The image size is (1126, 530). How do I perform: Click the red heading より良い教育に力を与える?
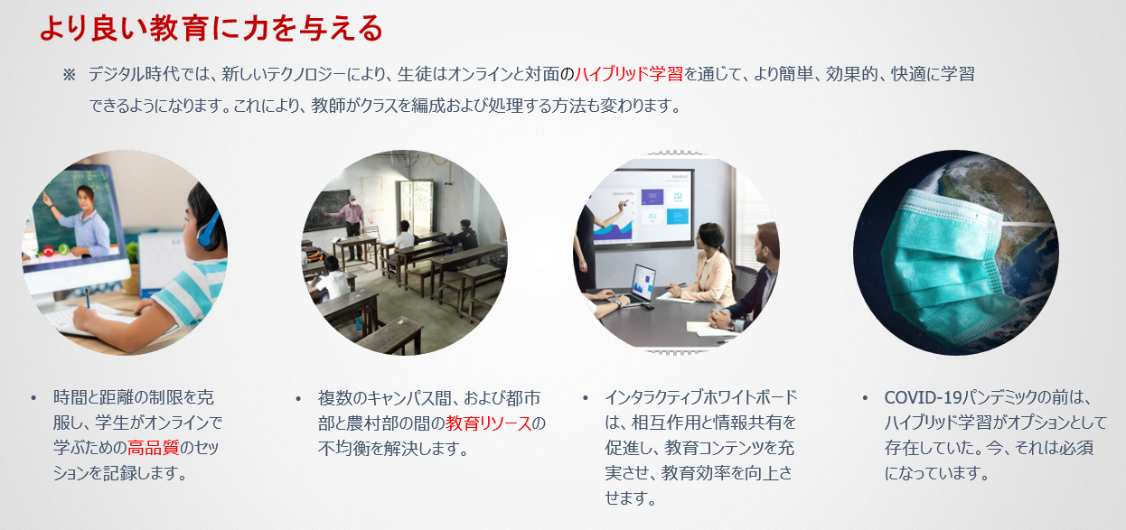click(211, 28)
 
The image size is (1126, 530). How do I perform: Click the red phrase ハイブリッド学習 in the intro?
click(629, 74)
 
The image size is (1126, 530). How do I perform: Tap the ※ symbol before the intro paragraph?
click(69, 75)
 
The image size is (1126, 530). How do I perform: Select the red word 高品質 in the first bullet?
click(154, 447)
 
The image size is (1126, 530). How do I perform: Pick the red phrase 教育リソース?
click(489, 423)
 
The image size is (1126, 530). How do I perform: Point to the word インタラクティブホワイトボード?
click(701, 397)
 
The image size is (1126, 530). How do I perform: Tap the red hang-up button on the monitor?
click(48, 250)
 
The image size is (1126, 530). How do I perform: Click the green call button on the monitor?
click(64, 248)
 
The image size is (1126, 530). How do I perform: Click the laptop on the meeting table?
click(636, 285)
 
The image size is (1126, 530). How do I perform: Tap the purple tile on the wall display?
click(652, 197)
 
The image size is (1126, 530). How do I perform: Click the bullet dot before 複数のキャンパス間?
click(298, 399)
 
